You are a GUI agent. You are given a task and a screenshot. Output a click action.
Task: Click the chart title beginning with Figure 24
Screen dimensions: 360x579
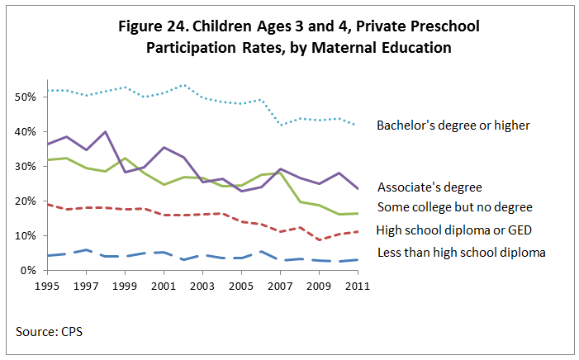[298, 37]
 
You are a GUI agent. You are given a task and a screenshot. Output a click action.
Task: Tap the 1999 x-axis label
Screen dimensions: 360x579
[124, 286]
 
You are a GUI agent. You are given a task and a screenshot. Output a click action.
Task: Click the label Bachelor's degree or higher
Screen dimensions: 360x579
[453, 126]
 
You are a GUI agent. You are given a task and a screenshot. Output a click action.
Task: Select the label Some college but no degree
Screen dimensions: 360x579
[455, 206]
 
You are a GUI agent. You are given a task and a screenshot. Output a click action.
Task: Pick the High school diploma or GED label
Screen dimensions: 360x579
[453, 230]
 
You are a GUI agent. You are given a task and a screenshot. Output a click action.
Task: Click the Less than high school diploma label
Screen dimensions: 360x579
[461, 252]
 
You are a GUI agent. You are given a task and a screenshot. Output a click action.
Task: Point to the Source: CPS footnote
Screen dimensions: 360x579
[49, 332]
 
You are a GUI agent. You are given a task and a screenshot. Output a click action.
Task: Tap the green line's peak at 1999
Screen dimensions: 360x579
[124, 158]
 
